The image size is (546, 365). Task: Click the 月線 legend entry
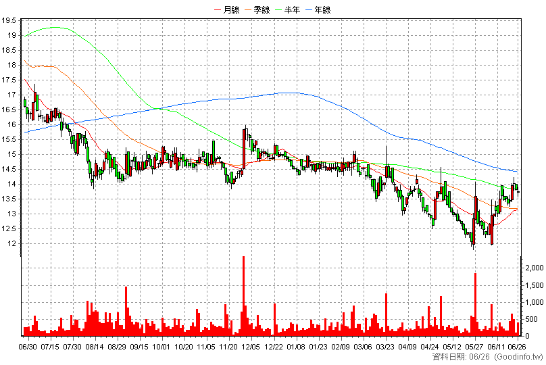pyautogui.click(x=227, y=9)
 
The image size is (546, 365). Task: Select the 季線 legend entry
pyautogui.click(x=257, y=9)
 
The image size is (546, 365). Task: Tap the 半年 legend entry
pyautogui.click(x=288, y=9)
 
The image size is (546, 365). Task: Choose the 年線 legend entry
pyautogui.click(x=318, y=9)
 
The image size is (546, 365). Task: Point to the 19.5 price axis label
pyautogui.click(x=9, y=20)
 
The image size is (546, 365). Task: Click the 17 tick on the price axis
pyautogui.click(x=12, y=95)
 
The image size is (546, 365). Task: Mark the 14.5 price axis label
pyautogui.click(x=9, y=169)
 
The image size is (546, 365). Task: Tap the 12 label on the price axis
pyautogui.click(x=12, y=243)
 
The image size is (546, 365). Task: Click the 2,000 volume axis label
pyautogui.click(x=535, y=268)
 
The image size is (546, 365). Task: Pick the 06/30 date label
pyautogui.click(x=28, y=347)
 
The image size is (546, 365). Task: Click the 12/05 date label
pyautogui.click(x=251, y=347)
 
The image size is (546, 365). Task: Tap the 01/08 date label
pyautogui.click(x=296, y=347)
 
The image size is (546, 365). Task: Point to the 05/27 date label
pyautogui.click(x=474, y=347)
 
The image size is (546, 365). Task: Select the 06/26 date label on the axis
pyautogui.click(x=517, y=347)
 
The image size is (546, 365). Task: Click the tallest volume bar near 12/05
pyautogui.click(x=243, y=296)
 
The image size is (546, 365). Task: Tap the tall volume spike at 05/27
pyautogui.click(x=475, y=304)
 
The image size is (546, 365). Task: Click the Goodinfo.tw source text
pyautogui.click(x=518, y=357)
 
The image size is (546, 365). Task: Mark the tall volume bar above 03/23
pyautogui.click(x=386, y=314)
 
